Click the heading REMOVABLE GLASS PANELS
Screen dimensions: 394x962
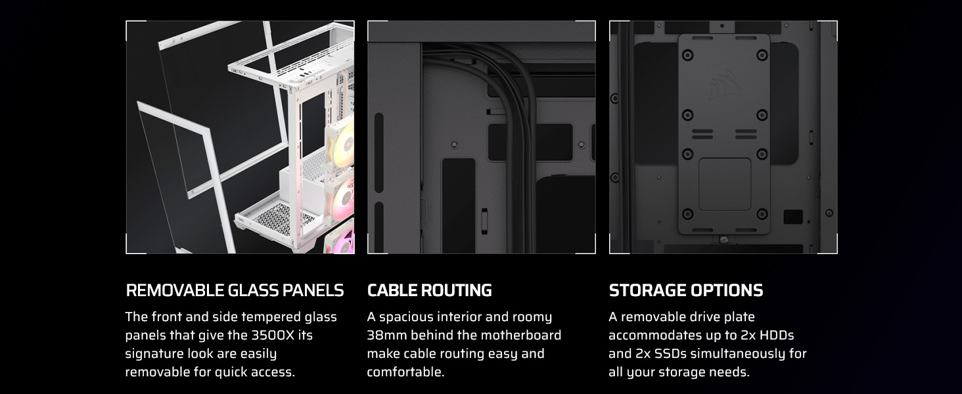pyautogui.click(x=234, y=290)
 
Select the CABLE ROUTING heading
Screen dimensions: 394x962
pyautogui.click(x=429, y=290)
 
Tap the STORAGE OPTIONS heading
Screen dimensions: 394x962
pyautogui.click(x=685, y=290)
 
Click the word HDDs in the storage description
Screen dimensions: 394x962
pyautogui.click(x=777, y=336)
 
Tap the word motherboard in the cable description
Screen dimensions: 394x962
pyautogui.click(x=520, y=336)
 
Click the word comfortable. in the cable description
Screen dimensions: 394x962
pyautogui.click(x=405, y=372)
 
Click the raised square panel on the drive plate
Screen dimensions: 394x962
pyautogui.click(x=724, y=184)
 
